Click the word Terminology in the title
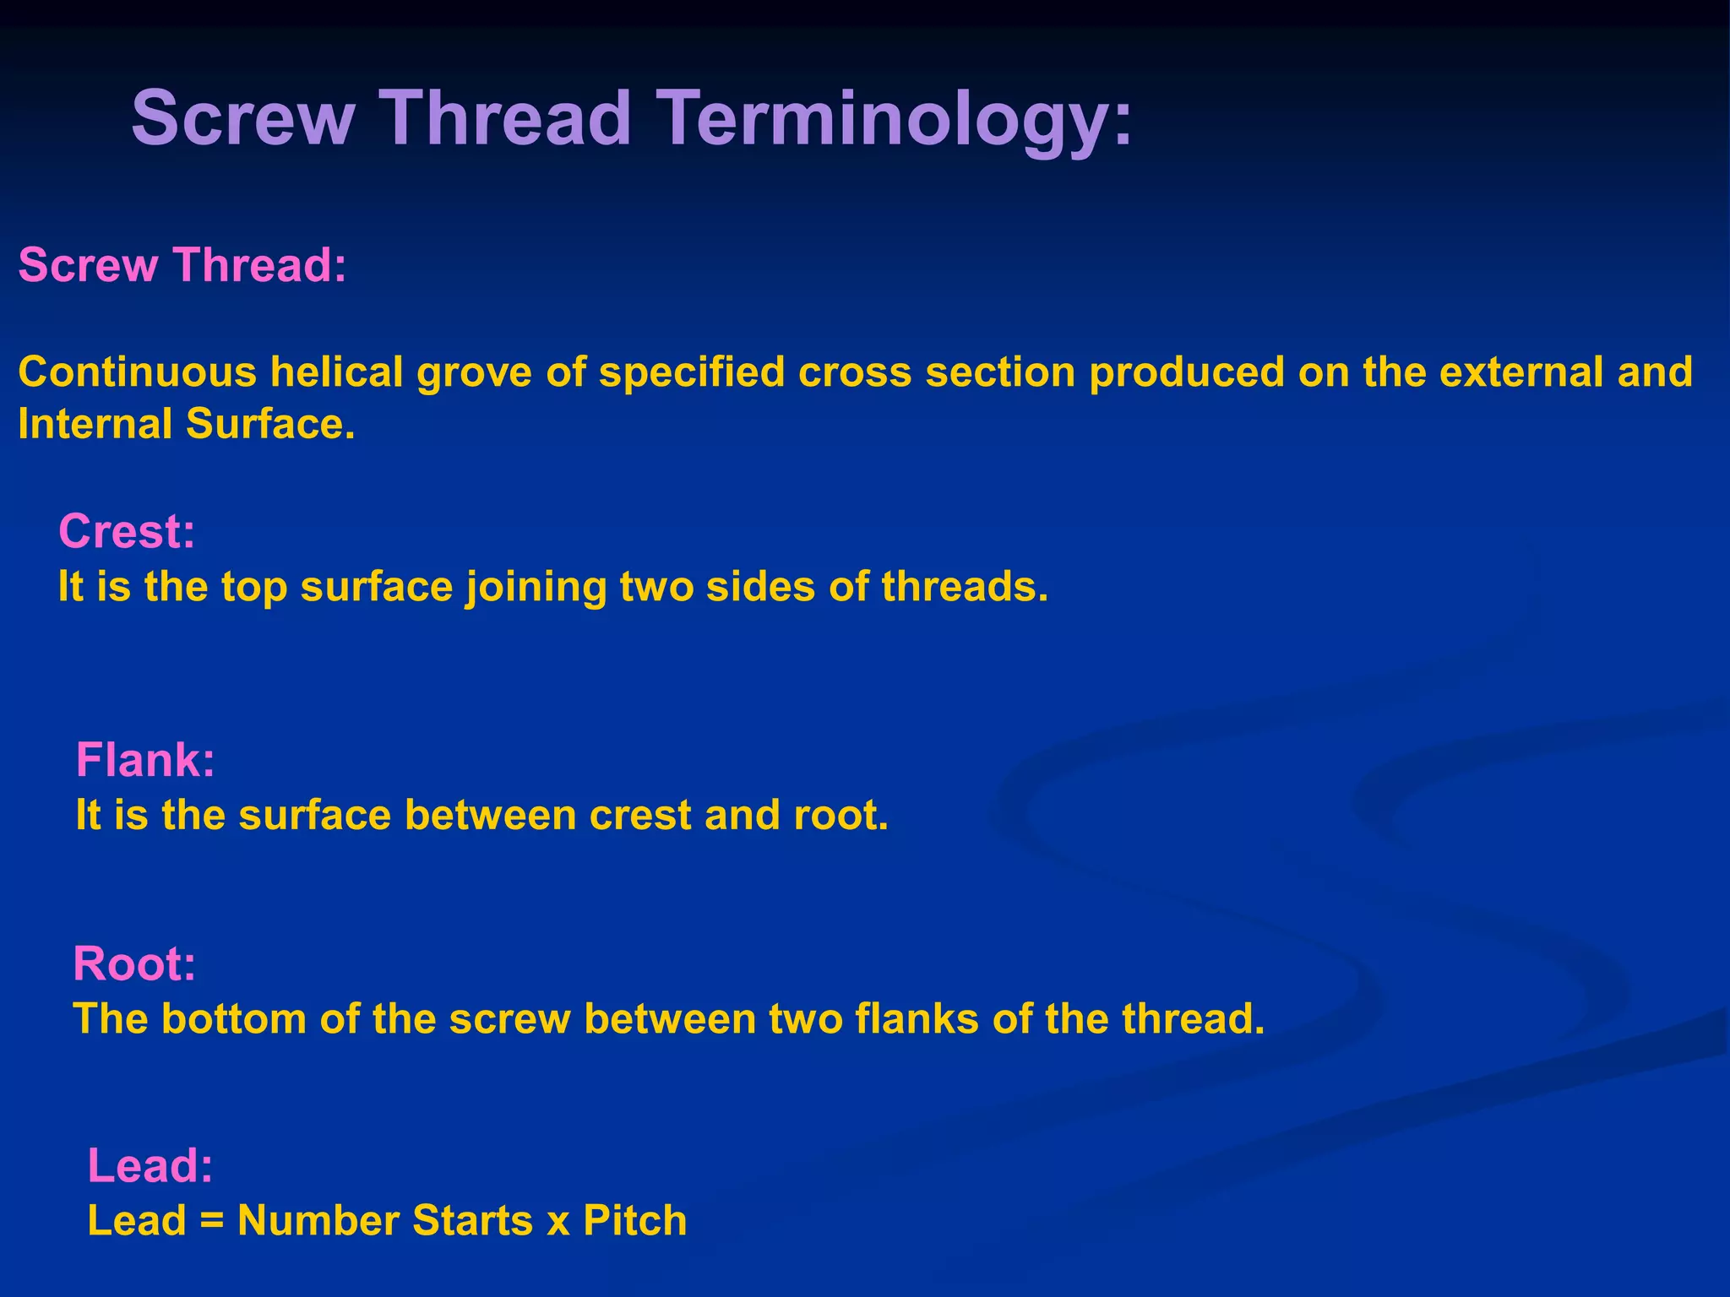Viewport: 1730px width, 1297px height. pos(895,120)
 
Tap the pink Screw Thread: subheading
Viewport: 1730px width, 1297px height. pos(182,265)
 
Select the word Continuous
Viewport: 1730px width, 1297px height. pos(137,372)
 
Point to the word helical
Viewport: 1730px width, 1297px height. pos(337,372)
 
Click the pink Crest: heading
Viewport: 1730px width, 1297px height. pos(127,532)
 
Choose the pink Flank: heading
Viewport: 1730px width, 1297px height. pos(145,760)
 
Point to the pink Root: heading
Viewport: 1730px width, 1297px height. pos(134,963)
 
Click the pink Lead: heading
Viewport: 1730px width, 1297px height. pos(150,1166)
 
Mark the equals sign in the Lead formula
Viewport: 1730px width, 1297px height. pos(212,1222)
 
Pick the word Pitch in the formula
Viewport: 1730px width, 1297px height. pos(635,1222)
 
